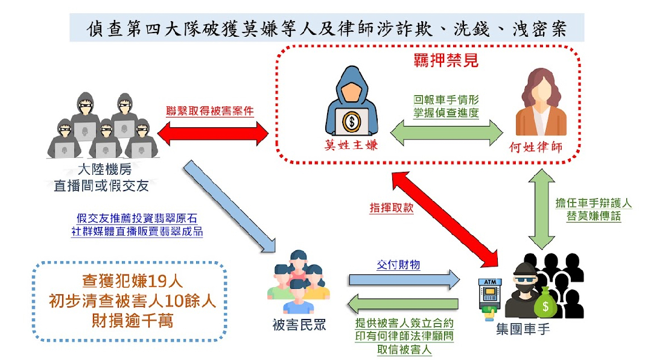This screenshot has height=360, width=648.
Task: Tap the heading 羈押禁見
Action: (446, 60)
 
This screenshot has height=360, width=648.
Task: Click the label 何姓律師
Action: (536, 148)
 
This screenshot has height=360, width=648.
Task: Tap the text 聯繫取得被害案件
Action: (211, 112)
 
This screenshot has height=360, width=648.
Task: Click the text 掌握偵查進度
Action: (446, 112)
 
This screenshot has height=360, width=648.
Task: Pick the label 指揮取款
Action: (392, 207)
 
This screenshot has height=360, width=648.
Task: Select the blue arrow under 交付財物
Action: (404, 280)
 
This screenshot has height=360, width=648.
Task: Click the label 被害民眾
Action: (299, 326)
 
